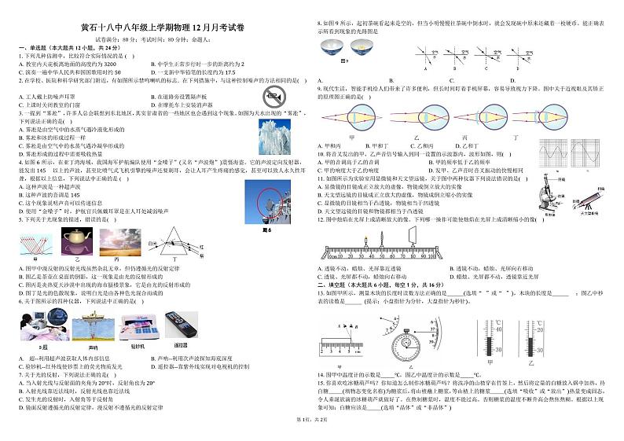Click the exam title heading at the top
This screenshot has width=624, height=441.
point(157,26)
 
